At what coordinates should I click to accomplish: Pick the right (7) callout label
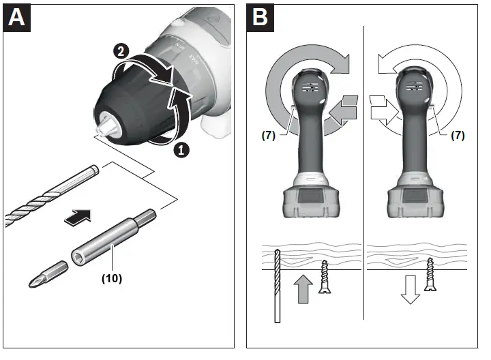coord(458,135)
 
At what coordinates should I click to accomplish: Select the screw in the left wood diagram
coord(325,277)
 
